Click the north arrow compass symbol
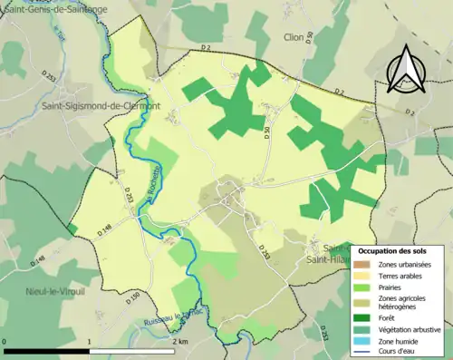[403, 68]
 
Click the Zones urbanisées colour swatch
[368, 264]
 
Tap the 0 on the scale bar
[5, 342]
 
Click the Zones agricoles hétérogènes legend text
[405, 302]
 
